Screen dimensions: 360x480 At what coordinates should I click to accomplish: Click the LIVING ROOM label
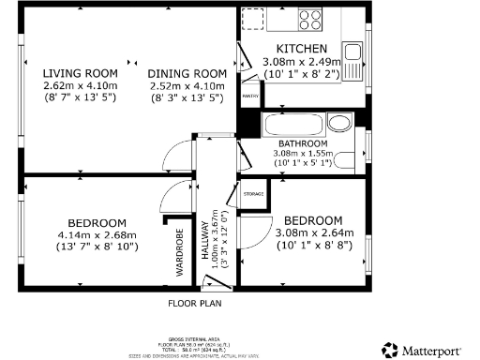click(x=80, y=73)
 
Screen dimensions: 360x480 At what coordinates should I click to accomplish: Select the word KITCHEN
click(x=301, y=49)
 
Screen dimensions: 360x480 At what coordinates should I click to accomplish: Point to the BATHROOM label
click(x=301, y=143)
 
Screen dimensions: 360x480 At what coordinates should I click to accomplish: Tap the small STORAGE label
click(x=253, y=194)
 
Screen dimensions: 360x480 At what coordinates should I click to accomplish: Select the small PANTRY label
click(x=250, y=96)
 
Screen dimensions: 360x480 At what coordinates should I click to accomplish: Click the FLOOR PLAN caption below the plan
click(x=194, y=304)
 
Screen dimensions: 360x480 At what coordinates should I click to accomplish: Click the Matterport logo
click(x=421, y=349)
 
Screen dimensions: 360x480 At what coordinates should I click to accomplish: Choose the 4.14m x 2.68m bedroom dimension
click(x=97, y=234)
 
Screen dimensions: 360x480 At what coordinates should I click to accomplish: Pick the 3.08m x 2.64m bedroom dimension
click(x=314, y=232)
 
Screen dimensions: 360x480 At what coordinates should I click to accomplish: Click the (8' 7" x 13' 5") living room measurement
click(x=80, y=97)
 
